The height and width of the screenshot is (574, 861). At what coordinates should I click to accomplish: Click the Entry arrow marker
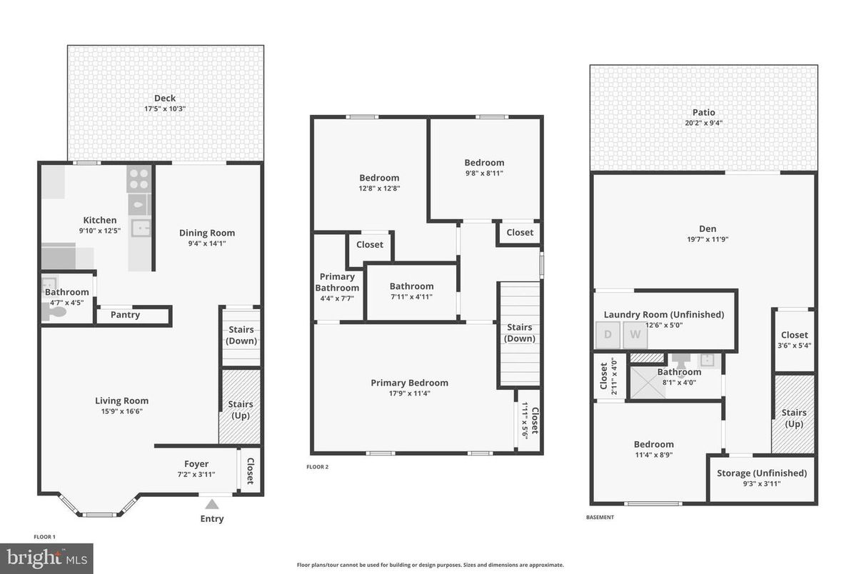(x=212, y=504)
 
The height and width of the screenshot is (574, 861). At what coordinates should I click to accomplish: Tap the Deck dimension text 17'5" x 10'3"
(x=165, y=109)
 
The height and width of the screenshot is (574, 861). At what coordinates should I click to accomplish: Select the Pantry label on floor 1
(x=126, y=315)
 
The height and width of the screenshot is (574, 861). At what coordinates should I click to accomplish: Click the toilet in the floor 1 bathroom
(x=55, y=311)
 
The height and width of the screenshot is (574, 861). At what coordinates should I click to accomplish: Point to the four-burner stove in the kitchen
(x=139, y=179)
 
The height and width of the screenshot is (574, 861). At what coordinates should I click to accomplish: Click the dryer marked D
(x=608, y=334)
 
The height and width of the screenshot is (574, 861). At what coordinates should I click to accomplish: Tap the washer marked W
(x=635, y=334)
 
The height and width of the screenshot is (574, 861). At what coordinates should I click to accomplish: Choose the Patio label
(x=703, y=112)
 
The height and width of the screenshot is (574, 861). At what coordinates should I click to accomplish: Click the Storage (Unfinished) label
(x=762, y=473)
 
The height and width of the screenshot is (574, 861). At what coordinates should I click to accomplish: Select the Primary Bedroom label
(x=409, y=383)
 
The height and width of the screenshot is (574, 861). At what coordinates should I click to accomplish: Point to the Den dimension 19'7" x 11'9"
(x=707, y=240)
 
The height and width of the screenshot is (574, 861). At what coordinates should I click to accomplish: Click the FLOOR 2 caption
(x=317, y=467)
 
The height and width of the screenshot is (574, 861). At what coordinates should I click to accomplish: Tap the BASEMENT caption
(x=599, y=518)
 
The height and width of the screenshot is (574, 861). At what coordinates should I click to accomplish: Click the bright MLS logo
(x=46, y=558)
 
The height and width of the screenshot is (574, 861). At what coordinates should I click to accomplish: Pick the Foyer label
(x=196, y=464)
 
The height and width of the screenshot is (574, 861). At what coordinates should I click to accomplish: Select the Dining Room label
(x=207, y=233)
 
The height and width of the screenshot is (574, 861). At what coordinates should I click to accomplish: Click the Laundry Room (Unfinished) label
(x=664, y=315)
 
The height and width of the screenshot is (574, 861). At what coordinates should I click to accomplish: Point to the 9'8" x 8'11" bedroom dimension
(x=484, y=173)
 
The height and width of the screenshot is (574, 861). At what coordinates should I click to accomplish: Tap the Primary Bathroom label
(x=337, y=282)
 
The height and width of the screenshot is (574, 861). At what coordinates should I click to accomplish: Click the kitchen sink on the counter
(x=141, y=228)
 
